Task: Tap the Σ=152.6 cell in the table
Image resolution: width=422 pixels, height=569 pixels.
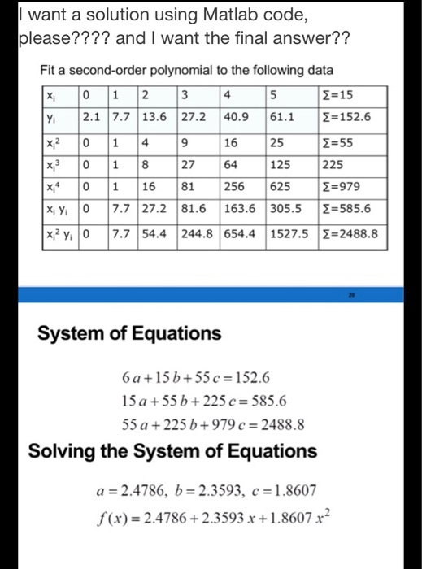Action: click(347, 118)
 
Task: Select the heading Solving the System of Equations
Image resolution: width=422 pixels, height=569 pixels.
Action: click(173, 450)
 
